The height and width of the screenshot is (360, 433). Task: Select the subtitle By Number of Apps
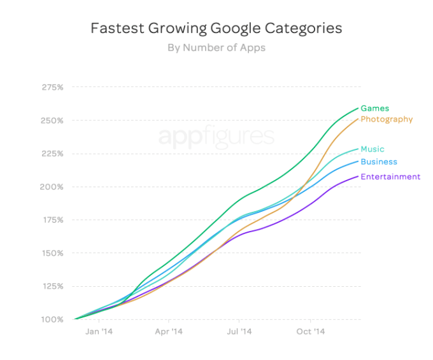click(216, 48)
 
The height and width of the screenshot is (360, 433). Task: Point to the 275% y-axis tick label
click(52, 87)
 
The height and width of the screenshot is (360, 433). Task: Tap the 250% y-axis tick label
click(52, 120)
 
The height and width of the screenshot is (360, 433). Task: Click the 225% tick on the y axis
click(52, 153)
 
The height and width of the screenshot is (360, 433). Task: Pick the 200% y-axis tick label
click(52, 187)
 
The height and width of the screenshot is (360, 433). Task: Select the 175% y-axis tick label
click(52, 220)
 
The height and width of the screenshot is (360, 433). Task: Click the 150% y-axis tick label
click(52, 253)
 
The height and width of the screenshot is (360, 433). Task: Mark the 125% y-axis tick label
click(52, 286)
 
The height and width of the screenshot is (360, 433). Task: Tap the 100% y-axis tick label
click(52, 319)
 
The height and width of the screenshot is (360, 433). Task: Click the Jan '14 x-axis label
click(99, 332)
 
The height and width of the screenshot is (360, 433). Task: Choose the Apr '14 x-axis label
click(169, 332)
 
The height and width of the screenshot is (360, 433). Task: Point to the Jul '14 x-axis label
click(239, 332)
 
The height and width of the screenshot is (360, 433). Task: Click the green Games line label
click(374, 108)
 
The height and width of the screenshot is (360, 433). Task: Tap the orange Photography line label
click(387, 120)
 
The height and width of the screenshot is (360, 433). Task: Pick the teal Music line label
click(373, 149)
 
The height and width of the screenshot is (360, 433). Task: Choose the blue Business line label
click(378, 162)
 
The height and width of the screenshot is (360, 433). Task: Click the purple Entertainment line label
click(390, 177)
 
